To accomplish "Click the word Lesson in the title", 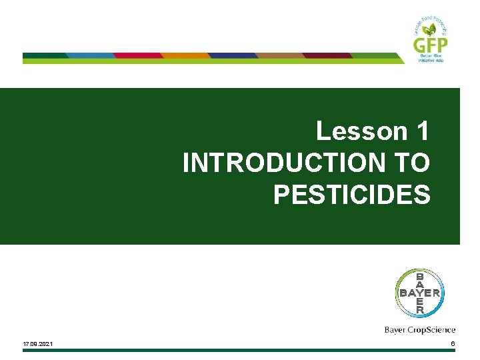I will [357, 131].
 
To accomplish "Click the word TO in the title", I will [411, 163].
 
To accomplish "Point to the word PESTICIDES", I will [351, 195].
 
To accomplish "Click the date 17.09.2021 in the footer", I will [39, 344].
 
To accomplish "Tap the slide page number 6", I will [453, 344].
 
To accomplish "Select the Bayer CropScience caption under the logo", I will [420, 329].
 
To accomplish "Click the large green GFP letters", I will [431, 45].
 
